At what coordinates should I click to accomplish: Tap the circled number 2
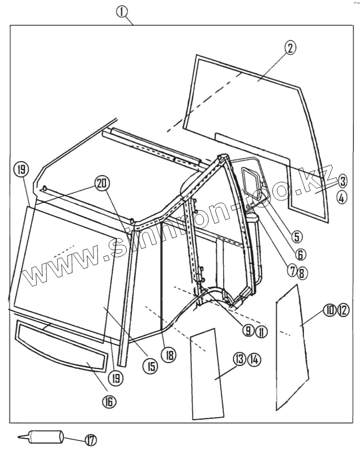290,47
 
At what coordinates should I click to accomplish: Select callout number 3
343,180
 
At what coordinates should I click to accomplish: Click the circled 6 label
300,254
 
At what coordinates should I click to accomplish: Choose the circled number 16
108,401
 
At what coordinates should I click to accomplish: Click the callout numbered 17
91,440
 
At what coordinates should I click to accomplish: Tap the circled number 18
170,355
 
